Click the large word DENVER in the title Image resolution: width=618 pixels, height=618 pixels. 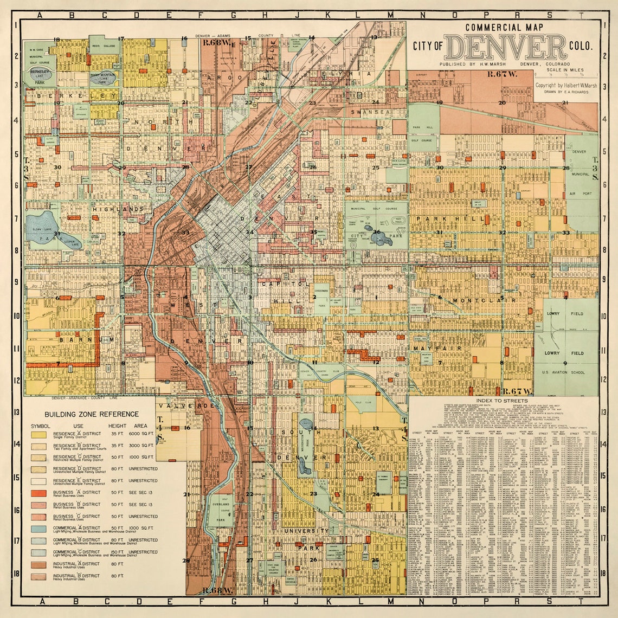click(505, 47)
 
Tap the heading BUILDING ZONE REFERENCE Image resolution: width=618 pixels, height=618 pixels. click(83, 414)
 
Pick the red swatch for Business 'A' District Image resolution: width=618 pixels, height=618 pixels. click(38, 493)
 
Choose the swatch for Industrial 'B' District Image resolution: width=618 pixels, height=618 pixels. click(38, 577)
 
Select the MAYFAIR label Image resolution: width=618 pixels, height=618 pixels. click(429, 348)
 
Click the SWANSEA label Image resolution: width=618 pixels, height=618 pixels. click(371, 112)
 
